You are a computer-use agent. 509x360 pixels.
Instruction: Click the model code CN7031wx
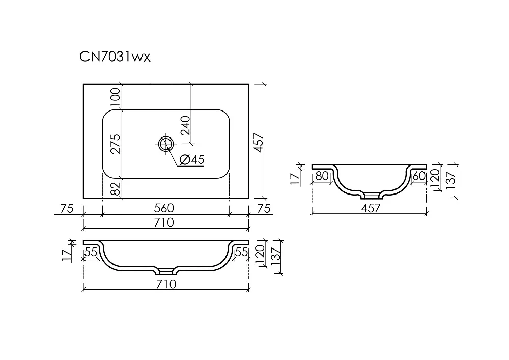pos(115,57)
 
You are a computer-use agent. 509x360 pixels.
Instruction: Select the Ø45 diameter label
pos(192,159)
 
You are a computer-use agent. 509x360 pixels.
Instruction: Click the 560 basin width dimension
pos(164,208)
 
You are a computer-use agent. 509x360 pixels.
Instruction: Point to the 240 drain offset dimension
pos(185,125)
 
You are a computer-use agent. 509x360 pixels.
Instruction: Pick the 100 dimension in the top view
pos(115,97)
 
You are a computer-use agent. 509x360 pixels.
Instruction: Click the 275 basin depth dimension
pos(115,144)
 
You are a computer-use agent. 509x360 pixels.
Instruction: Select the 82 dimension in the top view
pos(115,188)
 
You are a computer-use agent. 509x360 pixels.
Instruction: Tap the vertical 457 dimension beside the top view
pos(259,142)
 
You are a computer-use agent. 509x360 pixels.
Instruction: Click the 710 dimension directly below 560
pos(164,223)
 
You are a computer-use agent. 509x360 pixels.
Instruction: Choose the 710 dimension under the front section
pos(166,284)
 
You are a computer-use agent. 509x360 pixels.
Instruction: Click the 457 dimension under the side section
pos(371,208)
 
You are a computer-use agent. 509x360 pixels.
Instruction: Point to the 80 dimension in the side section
pos(322,176)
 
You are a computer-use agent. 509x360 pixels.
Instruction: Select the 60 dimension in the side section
pos(419,176)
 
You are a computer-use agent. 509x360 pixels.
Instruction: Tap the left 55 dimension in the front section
pos(91,252)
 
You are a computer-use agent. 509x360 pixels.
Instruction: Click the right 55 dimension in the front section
pos(241,252)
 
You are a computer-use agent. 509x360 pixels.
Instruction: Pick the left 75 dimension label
pos(67,208)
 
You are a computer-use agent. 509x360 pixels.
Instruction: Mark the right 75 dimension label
pos(264,208)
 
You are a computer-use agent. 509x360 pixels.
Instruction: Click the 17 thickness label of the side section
pos(295,179)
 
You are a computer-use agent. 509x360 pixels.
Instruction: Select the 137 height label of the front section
pos(275,257)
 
